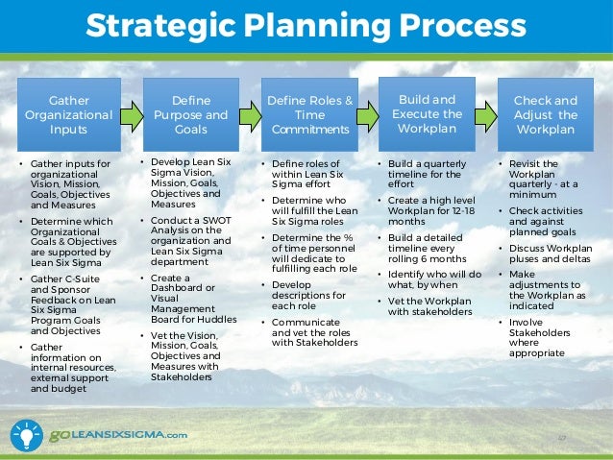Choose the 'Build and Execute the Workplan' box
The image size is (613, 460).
[x=428, y=114]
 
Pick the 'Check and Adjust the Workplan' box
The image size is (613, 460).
[x=546, y=115]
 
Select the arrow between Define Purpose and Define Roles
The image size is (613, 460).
[x=250, y=116]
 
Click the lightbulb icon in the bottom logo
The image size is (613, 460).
[x=27, y=434]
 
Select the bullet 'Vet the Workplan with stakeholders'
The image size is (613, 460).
[x=429, y=307]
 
